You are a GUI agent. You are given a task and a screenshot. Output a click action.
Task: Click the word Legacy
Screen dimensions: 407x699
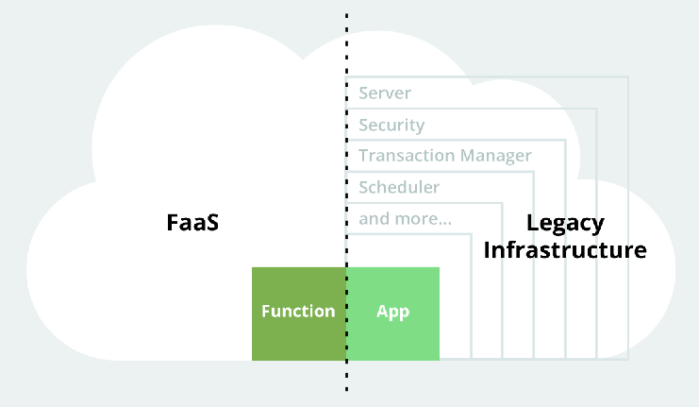pyautogui.click(x=565, y=223)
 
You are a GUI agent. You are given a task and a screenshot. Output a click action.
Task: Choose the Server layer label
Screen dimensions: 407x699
pyautogui.click(x=385, y=93)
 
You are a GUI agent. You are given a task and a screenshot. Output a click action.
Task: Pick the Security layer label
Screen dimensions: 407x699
pyautogui.click(x=391, y=125)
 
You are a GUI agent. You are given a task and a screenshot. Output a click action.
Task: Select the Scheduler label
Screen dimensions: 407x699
pyautogui.click(x=399, y=187)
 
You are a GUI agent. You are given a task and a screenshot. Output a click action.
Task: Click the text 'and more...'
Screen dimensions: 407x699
pyautogui.click(x=405, y=219)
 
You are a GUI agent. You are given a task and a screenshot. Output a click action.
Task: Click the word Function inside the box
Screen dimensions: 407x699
pyautogui.click(x=298, y=312)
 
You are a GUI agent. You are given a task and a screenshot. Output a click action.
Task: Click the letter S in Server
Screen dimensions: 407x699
pyautogui.click(x=363, y=93)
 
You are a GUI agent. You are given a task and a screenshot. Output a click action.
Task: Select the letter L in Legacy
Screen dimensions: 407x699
pyautogui.click(x=531, y=223)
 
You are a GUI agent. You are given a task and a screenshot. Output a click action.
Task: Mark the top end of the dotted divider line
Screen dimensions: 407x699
pyautogui.click(x=346, y=15)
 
